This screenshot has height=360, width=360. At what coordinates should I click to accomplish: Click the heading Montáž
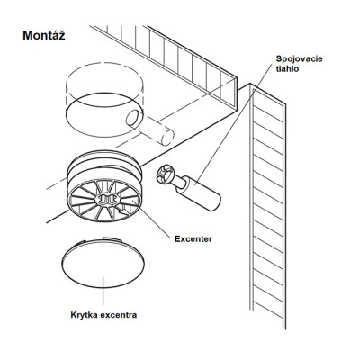click(x=44, y=35)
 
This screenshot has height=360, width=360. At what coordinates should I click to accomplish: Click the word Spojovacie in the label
click(x=299, y=58)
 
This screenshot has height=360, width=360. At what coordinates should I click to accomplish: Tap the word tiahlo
click(x=287, y=68)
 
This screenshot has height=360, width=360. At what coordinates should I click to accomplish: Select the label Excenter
click(x=193, y=239)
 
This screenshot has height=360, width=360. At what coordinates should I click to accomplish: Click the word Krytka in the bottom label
click(x=84, y=315)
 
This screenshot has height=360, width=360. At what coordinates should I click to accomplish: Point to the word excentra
click(x=118, y=315)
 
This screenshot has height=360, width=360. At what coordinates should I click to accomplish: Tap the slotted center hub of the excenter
click(x=105, y=200)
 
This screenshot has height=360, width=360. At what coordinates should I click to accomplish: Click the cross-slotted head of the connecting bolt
click(x=165, y=176)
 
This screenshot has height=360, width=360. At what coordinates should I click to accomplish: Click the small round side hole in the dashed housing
click(x=133, y=118)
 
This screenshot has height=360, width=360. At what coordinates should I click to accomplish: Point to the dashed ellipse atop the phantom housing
click(x=104, y=77)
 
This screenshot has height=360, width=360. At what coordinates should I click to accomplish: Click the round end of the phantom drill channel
click(x=167, y=138)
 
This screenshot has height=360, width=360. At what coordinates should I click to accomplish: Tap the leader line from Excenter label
click(x=156, y=221)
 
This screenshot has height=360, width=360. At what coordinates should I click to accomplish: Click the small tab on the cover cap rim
click(x=111, y=238)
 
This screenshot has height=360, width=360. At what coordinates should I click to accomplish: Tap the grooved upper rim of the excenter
click(x=104, y=166)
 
